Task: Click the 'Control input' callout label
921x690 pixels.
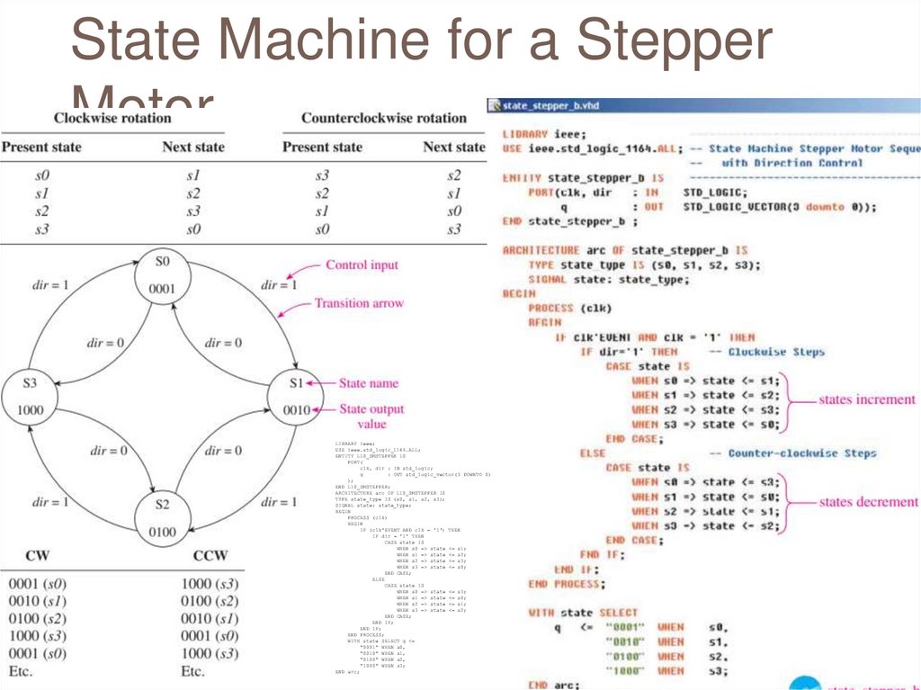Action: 362,265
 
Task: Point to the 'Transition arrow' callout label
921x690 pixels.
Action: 359,304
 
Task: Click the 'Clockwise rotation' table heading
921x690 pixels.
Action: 112,118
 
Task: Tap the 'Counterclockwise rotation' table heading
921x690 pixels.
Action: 383,118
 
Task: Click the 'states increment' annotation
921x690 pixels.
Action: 866,399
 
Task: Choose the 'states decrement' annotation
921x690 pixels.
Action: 868,502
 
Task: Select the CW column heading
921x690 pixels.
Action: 37,555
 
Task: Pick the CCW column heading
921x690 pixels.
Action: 210,555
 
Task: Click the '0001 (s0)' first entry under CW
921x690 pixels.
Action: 37,583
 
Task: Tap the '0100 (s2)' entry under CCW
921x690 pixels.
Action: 210,601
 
